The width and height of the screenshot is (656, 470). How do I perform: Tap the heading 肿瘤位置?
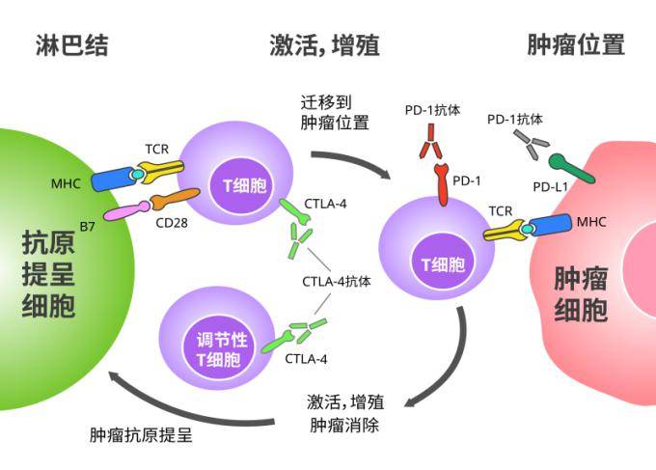[x=576, y=44]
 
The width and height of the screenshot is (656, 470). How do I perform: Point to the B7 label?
[x=87, y=226]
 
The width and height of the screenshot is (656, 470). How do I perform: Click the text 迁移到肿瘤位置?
[x=335, y=111]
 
